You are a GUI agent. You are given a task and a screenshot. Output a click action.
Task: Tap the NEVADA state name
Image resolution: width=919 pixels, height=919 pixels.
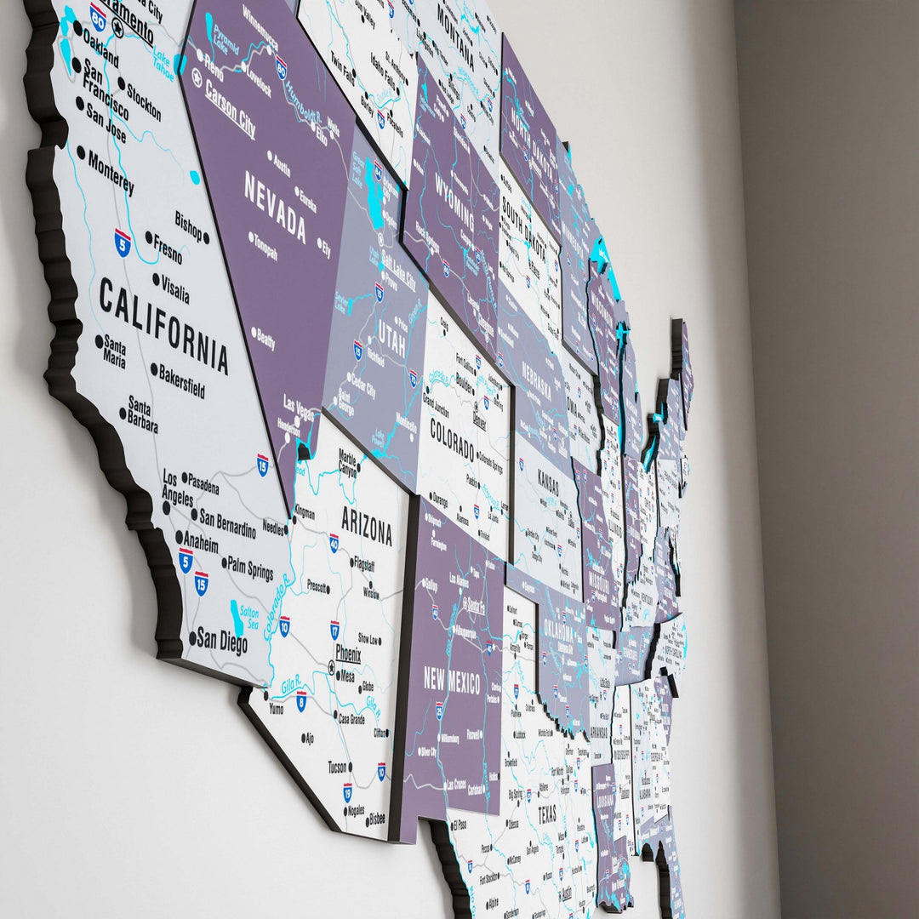(x=275, y=207)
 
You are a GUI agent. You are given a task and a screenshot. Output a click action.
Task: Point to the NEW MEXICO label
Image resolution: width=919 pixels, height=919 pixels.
(x=452, y=681)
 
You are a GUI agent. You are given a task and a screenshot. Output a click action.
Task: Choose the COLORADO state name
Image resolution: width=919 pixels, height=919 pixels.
(x=452, y=439)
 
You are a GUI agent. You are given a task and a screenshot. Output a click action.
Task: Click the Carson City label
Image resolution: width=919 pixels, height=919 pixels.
(x=230, y=108)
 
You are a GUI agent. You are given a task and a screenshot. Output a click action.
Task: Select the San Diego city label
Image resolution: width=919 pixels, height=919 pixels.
(x=222, y=641)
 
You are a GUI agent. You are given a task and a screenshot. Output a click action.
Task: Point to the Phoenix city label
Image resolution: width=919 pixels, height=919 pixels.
(x=348, y=654)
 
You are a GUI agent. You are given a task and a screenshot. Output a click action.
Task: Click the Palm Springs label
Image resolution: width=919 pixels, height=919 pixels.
(x=249, y=568)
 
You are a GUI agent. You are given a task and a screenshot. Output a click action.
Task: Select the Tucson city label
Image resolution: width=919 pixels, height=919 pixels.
(x=338, y=767)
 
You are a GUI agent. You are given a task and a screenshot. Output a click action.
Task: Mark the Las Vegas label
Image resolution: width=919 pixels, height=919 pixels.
(x=298, y=410)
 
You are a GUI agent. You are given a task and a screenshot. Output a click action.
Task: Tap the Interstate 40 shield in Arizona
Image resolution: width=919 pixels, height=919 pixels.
(x=334, y=542)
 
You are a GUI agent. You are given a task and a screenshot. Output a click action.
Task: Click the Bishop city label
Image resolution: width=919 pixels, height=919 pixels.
(x=189, y=225)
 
